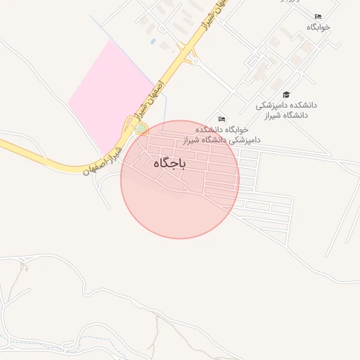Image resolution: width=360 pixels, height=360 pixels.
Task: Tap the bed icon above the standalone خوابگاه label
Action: pos(318,17)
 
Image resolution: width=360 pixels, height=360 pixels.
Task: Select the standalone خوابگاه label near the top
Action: pos(318,27)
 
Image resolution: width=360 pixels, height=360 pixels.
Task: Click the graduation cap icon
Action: pos(285,95)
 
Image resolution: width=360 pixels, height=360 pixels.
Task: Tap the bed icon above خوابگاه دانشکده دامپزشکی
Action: pos(222,119)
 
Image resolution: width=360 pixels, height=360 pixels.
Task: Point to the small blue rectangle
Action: pos(153,41)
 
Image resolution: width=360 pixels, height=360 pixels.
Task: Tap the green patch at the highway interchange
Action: pos(142,128)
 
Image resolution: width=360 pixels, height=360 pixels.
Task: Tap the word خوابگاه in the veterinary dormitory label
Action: pos(239,130)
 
